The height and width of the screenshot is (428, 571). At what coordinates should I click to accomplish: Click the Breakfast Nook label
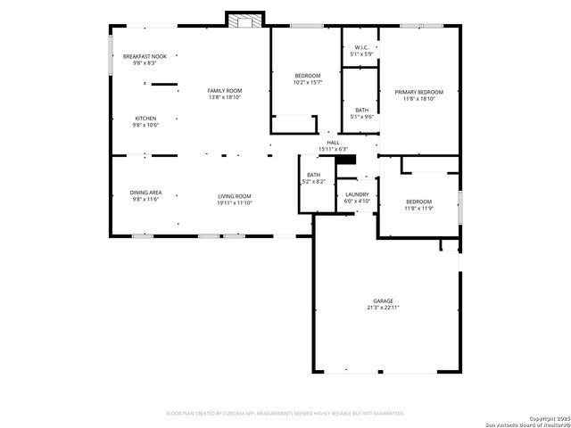(145, 56)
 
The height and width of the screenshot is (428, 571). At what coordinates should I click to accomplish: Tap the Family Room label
(225, 90)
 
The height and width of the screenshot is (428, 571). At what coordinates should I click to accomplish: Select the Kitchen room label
(145, 119)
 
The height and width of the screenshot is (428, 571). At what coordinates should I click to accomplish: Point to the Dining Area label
(145, 192)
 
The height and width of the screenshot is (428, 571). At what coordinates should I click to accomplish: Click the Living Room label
(235, 195)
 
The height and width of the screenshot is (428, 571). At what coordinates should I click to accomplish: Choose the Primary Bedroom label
(418, 92)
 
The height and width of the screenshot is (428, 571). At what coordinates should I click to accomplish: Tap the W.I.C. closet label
(361, 47)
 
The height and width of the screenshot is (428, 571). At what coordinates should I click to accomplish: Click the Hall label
(333, 142)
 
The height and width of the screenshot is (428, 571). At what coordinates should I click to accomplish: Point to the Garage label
(383, 300)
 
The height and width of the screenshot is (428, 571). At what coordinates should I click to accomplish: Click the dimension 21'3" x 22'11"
(383, 308)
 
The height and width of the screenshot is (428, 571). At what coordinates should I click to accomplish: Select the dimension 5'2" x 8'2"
(314, 182)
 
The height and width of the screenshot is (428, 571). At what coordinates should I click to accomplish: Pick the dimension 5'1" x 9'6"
(361, 116)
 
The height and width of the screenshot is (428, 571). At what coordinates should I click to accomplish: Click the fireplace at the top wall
(245, 19)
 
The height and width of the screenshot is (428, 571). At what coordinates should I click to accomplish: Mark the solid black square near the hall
(351, 160)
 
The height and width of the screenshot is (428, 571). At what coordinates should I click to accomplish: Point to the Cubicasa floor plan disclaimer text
(285, 414)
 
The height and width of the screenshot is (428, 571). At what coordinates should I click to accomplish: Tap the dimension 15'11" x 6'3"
(333, 149)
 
